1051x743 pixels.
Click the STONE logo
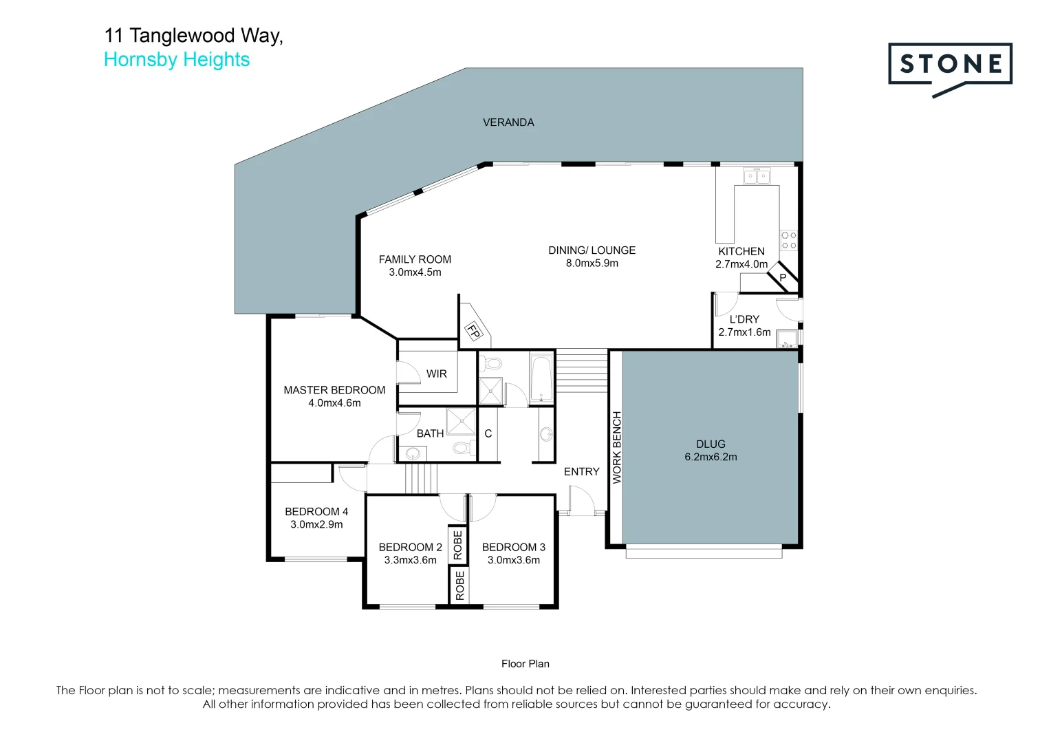coord(950,65)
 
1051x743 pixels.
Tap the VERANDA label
coord(508,122)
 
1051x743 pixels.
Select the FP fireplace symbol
coord(473,331)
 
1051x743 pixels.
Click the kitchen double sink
coord(757,177)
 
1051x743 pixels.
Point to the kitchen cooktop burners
coord(788,240)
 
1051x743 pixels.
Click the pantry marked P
coord(783,277)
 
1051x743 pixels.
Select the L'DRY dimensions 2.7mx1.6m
coord(744,332)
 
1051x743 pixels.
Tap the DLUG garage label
coord(711,444)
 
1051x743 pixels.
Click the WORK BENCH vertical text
coord(617,447)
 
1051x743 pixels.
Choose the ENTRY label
coord(581,472)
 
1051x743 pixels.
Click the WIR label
coord(436,374)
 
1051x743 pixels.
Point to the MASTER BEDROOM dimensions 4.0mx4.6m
coord(334,403)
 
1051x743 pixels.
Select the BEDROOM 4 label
coord(316,512)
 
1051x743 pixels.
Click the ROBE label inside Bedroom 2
coord(458,545)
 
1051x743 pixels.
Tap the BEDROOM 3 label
coord(513,548)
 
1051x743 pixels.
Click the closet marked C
coord(488,434)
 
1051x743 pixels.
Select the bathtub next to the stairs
coord(541,378)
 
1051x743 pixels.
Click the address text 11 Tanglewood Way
coord(193,36)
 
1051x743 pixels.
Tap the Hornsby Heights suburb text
coord(177,60)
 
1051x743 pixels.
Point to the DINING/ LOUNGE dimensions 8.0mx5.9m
coord(592,263)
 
